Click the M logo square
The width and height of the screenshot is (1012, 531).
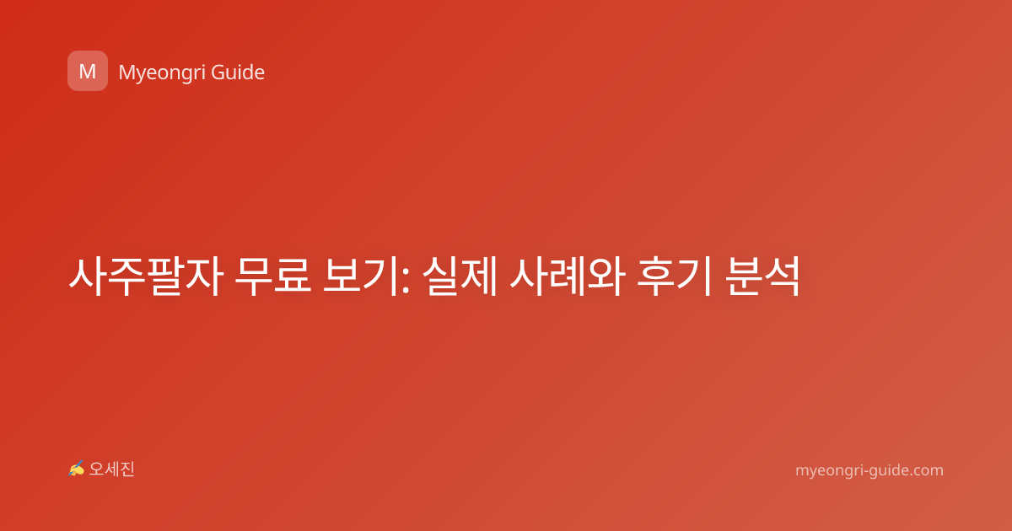pos(88,71)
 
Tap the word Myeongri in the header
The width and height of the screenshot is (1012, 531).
pos(161,73)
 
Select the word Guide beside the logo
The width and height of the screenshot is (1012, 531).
pos(238,72)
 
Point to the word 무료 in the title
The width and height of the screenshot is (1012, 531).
pos(273,276)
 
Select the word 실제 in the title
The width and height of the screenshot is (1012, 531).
pos(460,276)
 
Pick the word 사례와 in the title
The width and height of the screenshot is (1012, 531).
pos(568,276)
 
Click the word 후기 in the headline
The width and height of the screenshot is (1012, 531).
pos(675,276)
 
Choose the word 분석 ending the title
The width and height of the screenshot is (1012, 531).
pos(762,276)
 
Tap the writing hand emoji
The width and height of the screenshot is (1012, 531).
pos(76,469)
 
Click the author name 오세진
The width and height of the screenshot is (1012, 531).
pos(111,469)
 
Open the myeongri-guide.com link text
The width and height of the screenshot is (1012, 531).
pos(869,470)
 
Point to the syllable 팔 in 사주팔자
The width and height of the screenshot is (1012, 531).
pos(165,276)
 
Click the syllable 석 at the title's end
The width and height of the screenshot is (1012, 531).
pos(782,276)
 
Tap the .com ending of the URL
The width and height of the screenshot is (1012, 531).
pos(926,470)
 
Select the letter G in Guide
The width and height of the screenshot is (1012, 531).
pos(218,72)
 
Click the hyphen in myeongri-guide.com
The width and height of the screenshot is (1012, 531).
pos(857,471)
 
